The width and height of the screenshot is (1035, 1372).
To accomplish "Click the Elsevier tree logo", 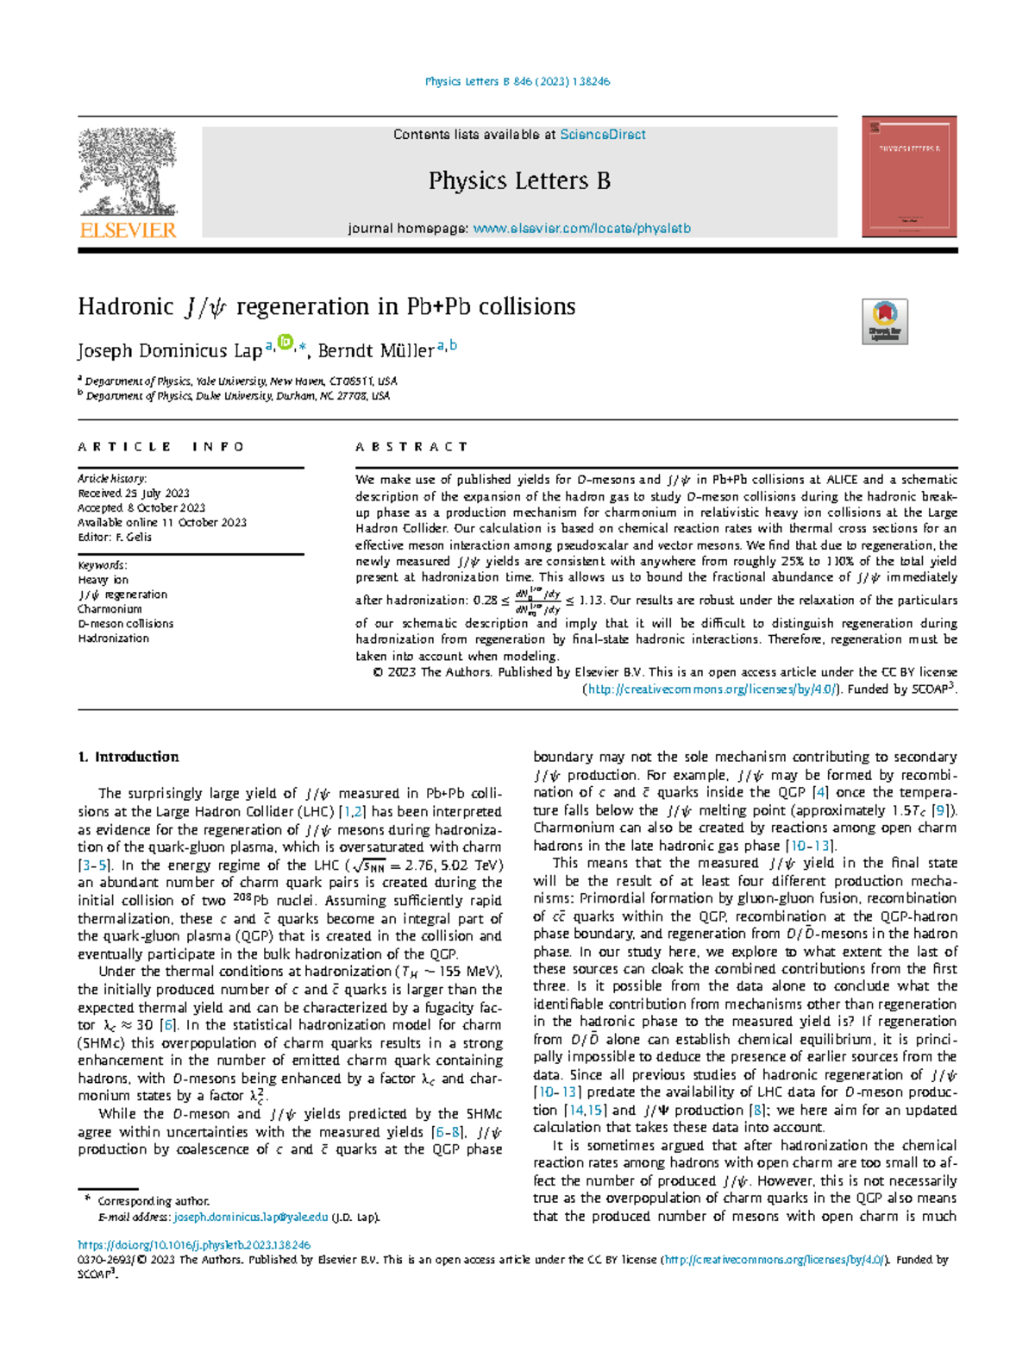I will [x=128, y=173].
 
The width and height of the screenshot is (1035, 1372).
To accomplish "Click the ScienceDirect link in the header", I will [x=602, y=135].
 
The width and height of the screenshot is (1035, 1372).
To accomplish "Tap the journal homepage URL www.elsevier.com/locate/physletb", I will [x=581, y=229].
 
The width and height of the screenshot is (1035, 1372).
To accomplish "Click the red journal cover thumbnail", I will [x=909, y=177].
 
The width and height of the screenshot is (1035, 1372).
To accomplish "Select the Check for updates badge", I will [x=885, y=322].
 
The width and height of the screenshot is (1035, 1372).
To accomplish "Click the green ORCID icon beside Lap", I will [x=285, y=343].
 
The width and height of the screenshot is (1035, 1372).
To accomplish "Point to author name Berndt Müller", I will [x=376, y=350].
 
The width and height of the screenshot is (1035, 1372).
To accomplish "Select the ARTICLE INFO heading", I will [x=161, y=447].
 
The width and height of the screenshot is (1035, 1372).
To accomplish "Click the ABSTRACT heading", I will [x=411, y=447].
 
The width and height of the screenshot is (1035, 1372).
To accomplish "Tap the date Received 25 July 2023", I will [x=134, y=494].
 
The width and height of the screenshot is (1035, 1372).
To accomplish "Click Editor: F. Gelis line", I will [x=115, y=537].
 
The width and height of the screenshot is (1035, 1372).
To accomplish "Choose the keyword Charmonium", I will [x=110, y=609].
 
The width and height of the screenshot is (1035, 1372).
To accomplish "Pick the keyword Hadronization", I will [x=113, y=639].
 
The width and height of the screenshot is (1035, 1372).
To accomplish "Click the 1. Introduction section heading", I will [x=128, y=757].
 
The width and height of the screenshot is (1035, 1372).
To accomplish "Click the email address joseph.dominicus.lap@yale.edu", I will [x=250, y=1218].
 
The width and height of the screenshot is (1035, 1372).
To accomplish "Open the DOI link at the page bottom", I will [x=194, y=1245].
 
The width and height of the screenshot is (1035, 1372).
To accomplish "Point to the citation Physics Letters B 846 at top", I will [x=517, y=81].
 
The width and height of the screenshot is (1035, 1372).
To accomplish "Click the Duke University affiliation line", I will [x=237, y=396].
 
